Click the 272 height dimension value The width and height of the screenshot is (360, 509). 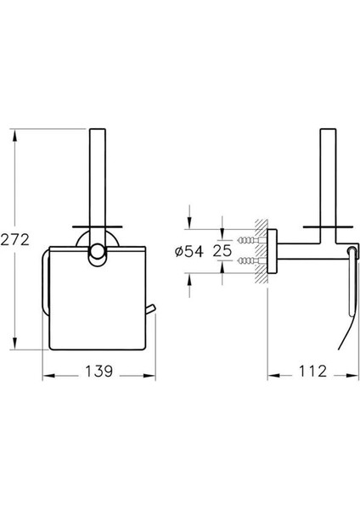coord(15,240)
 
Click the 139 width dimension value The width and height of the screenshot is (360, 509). coord(99,371)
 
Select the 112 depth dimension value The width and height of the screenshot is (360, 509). coord(312,371)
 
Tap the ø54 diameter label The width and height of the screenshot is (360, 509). coord(189,251)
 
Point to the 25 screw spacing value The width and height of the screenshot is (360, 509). coord(222,250)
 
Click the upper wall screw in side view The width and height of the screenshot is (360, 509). coord(250,241)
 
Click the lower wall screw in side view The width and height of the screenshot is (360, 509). coord(250,260)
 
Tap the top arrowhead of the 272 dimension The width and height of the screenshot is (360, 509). coord(15,135)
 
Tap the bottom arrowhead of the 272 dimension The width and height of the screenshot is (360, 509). coord(15,344)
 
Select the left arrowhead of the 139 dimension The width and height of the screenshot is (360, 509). coord(48,376)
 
